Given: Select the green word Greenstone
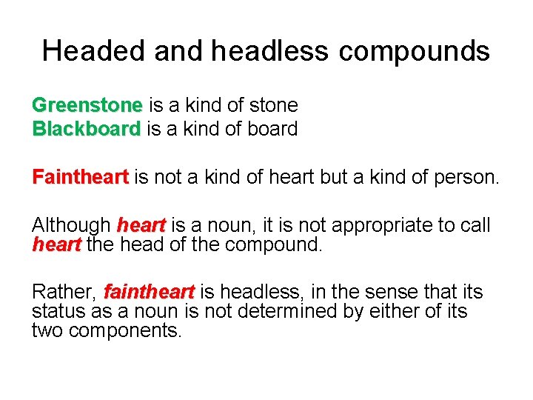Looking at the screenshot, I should coord(87,105).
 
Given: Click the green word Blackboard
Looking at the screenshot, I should coord(86,129).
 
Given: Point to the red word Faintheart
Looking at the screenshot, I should coord(81,177).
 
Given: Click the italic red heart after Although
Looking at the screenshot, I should coord(141,225).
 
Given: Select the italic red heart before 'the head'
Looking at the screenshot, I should coord(56,244).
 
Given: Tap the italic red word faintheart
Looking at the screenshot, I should coord(150,292).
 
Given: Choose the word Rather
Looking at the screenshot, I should coord(64,292).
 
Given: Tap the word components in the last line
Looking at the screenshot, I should coord(125,330).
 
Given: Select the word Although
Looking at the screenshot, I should coord(72,225).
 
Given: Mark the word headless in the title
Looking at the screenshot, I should coord(269,51).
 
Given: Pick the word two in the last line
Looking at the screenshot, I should coord(47,330).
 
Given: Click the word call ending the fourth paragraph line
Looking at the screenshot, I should coord(474,225).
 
